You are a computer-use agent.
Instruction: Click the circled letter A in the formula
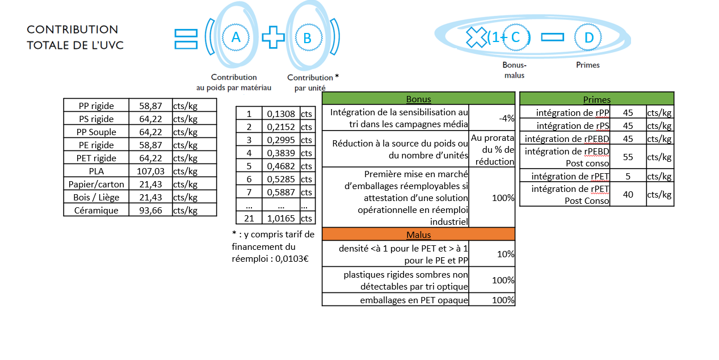[x=236, y=37]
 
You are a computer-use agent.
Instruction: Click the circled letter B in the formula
[x=307, y=38]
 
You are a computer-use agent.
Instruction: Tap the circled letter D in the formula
[x=589, y=38]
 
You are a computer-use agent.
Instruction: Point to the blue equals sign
[x=186, y=37]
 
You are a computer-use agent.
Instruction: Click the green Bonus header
[x=418, y=99]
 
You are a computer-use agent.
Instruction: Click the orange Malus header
[x=418, y=235]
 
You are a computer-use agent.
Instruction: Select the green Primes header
[x=596, y=99]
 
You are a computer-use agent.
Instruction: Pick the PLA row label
[x=96, y=171]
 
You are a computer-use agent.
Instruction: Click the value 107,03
[x=150, y=171]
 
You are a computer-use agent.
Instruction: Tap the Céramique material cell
[x=96, y=210]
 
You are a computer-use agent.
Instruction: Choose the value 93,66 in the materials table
[x=150, y=210]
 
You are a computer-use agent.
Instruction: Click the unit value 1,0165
[x=281, y=218]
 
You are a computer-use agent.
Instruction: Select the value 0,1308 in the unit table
[x=281, y=114]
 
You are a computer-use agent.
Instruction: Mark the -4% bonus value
[x=506, y=118]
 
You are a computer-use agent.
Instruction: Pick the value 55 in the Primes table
[x=628, y=157]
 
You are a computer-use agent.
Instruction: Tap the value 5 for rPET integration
[x=628, y=176]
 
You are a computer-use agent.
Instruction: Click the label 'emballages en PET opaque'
[x=414, y=300]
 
